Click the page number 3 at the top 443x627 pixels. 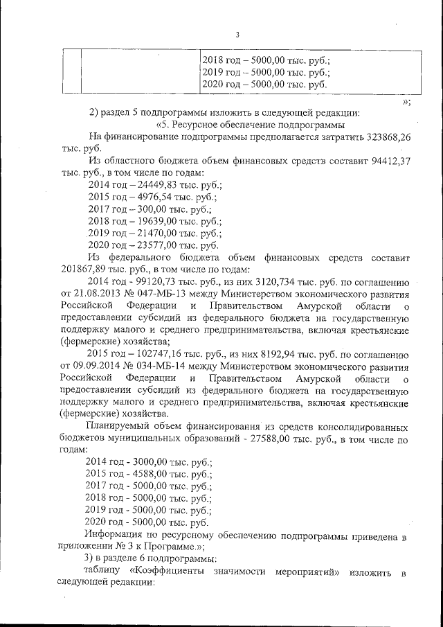click(237, 35)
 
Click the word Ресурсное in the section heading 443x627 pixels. click(200, 125)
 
